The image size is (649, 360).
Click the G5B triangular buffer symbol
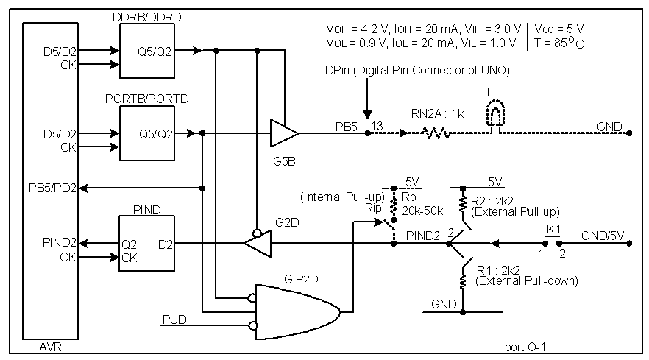283,133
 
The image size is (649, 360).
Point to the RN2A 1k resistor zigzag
435,133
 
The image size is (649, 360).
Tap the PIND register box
146,243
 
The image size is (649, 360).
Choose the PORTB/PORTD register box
146,133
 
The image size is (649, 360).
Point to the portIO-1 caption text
525,346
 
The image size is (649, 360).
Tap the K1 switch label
553,229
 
